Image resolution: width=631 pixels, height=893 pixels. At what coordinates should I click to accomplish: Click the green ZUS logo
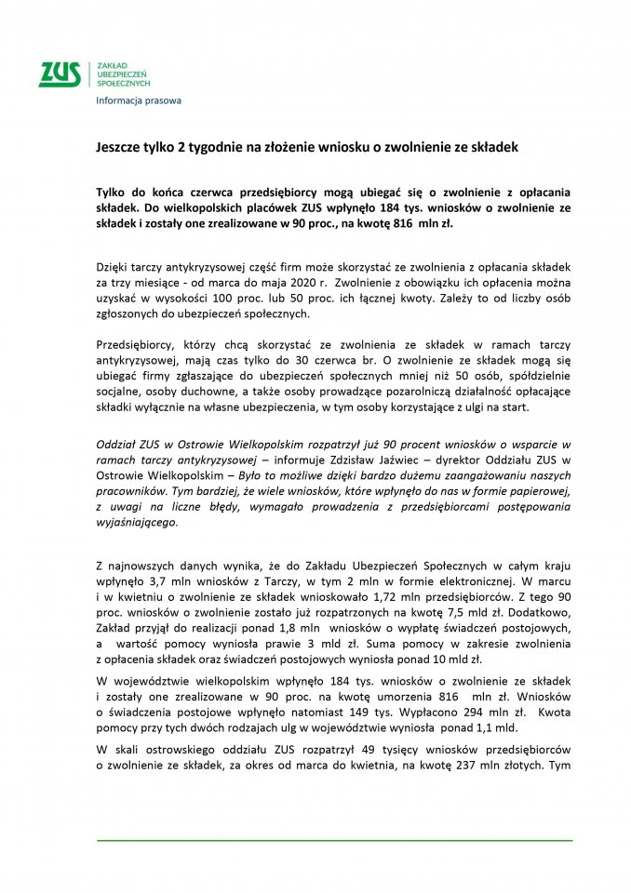point(60,73)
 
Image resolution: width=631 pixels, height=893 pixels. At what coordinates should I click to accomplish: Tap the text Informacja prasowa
point(139,100)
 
